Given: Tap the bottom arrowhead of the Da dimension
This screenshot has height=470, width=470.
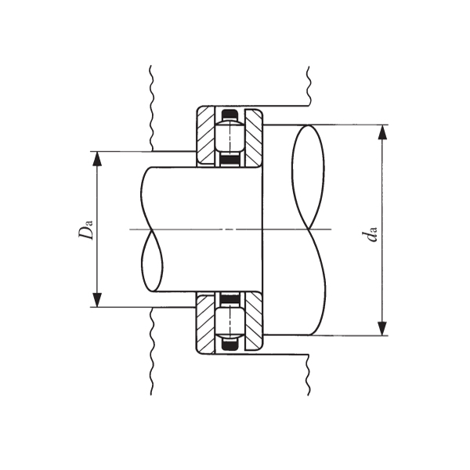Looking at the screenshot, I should [97, 300].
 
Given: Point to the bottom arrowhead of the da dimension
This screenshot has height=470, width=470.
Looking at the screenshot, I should [382, 328].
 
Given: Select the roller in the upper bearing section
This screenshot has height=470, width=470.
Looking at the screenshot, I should [229, 138].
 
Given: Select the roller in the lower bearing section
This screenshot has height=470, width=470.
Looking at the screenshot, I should [229, 321].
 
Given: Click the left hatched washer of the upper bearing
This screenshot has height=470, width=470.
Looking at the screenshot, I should [206, 136].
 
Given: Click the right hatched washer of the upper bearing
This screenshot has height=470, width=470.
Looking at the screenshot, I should [253, 136].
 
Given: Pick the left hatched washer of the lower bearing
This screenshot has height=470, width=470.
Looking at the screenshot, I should [206, 322].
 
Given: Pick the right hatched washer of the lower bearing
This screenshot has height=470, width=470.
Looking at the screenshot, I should [253, 322].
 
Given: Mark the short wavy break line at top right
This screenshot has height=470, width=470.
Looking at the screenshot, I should [309, 85].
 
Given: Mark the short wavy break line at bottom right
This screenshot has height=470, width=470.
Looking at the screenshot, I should [309, 374].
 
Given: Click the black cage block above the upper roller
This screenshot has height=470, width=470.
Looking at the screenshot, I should [229, 115].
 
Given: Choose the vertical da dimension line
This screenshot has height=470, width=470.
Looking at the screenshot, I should [382, 196].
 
